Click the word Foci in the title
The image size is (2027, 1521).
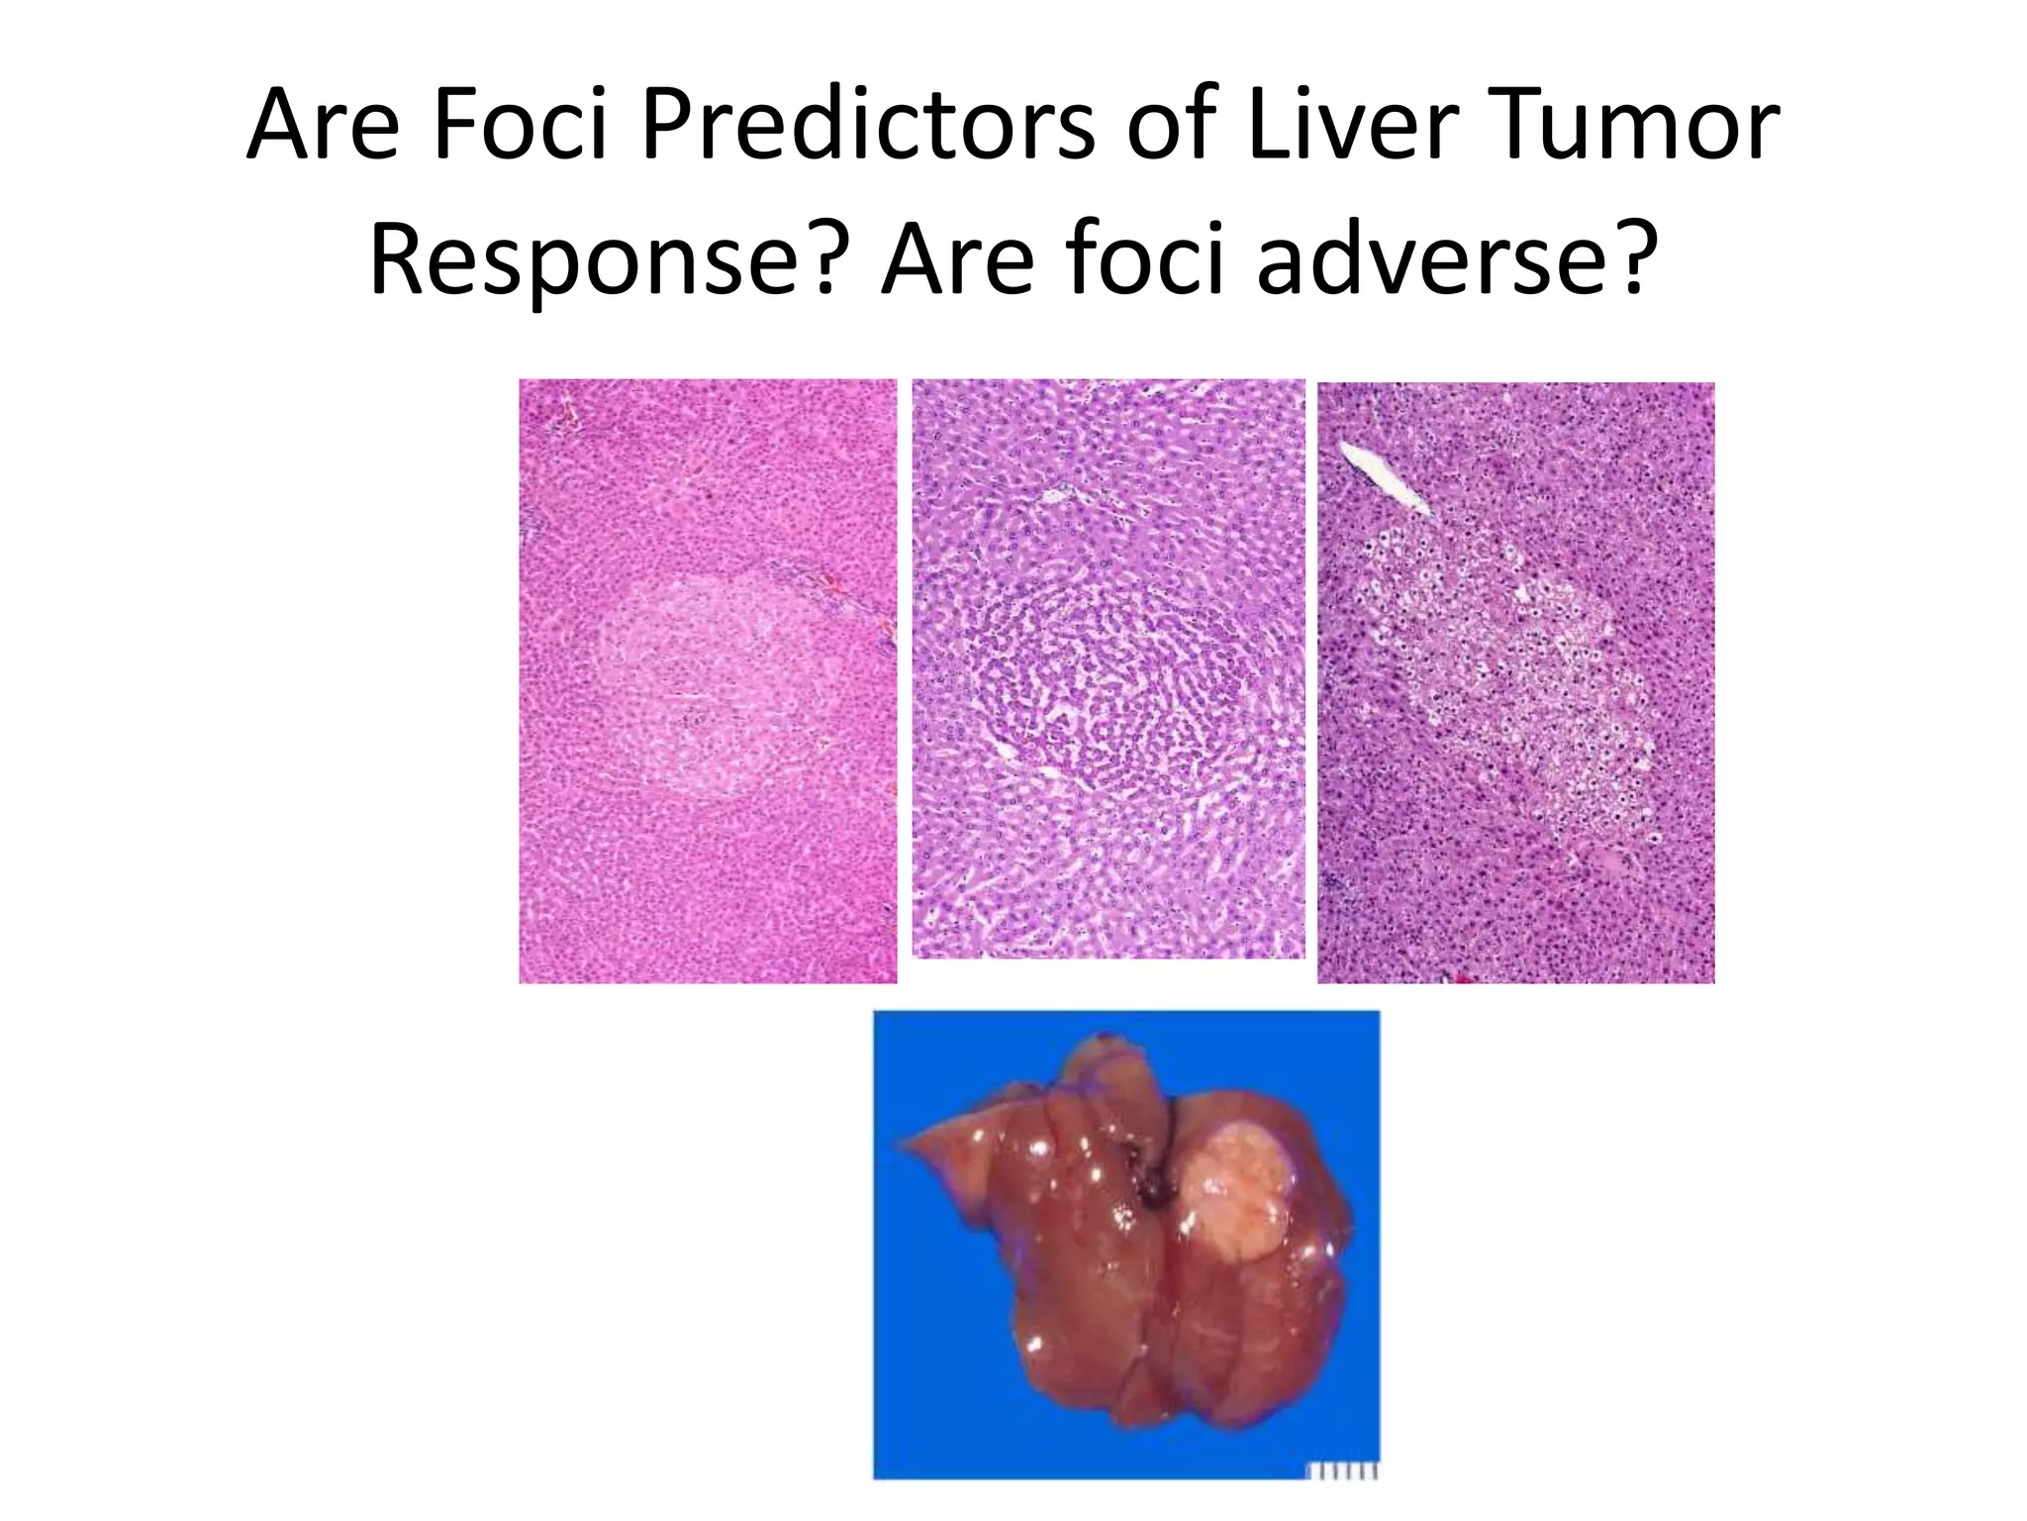click(520, 126)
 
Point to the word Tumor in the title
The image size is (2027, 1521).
click(1633, 126)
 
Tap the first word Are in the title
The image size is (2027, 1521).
click(322, 126)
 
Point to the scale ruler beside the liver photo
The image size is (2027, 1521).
click(1341, 1471)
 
